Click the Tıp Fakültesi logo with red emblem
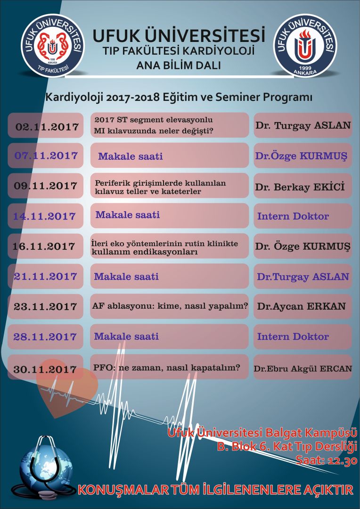[x=52, y=45]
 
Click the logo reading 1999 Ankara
[x=305, y=45]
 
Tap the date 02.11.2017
[x=47, y=127]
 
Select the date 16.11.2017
[x=44, y=246]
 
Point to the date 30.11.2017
[x=45, y=369]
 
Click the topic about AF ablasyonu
[x=170, y=306]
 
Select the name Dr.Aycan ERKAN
[x=301, y=306]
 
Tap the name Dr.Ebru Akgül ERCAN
[x=303, y=369]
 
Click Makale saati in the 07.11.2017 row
[x=131, y=156]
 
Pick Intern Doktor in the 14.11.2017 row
[x=293, y=216]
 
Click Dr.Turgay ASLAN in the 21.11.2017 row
[x=303, y=277]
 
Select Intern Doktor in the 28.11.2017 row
[x=293, y=337]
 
